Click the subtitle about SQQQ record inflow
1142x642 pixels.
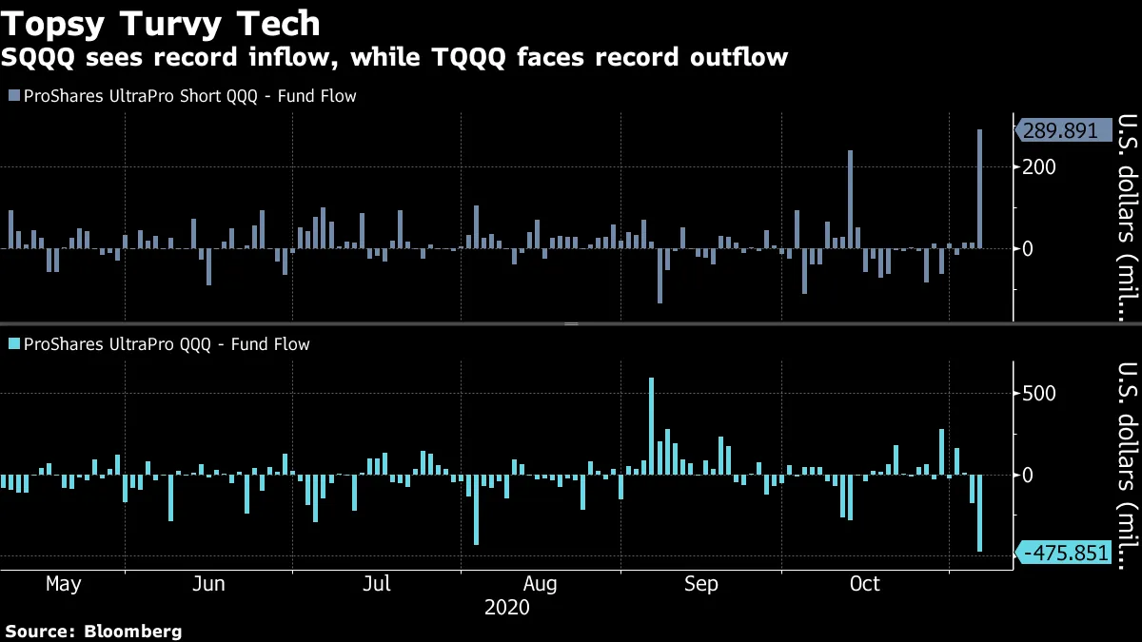pyautogui.click(x=394, y=58)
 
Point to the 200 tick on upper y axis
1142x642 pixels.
pyautogui.click(x=1040, y=167)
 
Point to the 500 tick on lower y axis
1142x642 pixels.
pyautogui.click(x=1040, y=394)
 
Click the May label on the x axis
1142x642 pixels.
pyautogui.click(x=63, y=583)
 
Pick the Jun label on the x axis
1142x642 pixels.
pyautogui.click(x=208, y=583)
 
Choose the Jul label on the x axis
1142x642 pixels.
pyautogui.click(x=378, y=583)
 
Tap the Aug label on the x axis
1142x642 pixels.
pyautogui.click(x=540, y=583)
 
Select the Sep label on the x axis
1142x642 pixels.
pyautogui.click(x=701, y=583)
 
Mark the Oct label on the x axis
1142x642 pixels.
pyautogui.click(x=865, y=583)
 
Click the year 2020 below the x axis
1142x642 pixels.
pyautogui.click(x=507, y=606)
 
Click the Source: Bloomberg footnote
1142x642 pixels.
pyautogui.click(x=93, y=631)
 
